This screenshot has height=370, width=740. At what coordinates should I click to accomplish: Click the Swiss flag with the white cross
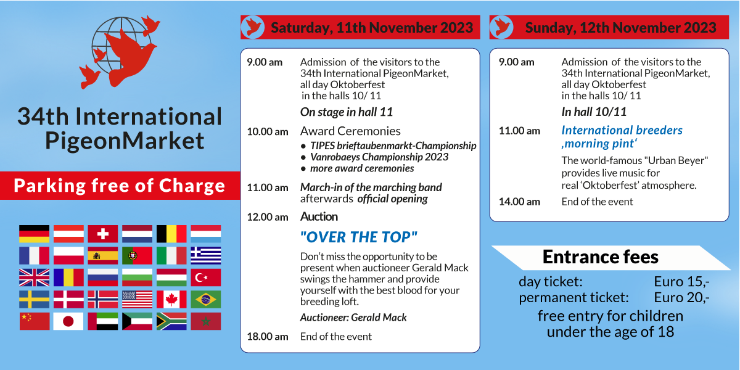pos(103,234)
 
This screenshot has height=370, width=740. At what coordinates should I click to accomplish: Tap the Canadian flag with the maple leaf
pos(171,299)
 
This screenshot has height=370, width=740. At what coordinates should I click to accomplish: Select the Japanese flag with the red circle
pos(68,321)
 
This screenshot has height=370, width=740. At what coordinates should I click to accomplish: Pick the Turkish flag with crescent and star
pos(206,277)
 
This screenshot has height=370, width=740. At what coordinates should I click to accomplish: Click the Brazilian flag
pos(206,299)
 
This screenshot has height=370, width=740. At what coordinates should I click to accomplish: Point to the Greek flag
pos(206,256)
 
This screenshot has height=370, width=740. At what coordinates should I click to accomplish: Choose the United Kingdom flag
pos(35,277)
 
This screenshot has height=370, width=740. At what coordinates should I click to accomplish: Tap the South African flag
pos(171,321)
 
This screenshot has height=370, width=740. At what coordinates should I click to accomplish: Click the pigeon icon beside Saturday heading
pos(253,27)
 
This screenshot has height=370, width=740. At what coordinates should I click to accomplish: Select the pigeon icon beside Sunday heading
pos(501,27)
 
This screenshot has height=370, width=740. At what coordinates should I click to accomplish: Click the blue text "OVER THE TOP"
pos(359,237)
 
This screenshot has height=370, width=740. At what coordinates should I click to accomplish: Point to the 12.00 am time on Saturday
pos(268,217)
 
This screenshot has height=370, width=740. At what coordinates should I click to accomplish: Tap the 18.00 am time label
pos(268,337)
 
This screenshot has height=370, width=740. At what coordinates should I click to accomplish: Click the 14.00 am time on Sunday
pos(519,202)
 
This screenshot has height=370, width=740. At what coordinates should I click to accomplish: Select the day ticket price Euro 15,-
pos(681,282)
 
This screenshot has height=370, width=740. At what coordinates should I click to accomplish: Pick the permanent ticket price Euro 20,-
pos(681,298)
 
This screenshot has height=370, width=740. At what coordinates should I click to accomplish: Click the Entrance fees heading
pos(600,257)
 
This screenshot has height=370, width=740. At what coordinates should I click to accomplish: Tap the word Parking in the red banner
pos(50,186)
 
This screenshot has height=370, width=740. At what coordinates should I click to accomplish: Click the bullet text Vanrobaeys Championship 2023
pos(379,157)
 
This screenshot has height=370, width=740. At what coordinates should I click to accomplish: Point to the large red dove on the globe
pos(129,56)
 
